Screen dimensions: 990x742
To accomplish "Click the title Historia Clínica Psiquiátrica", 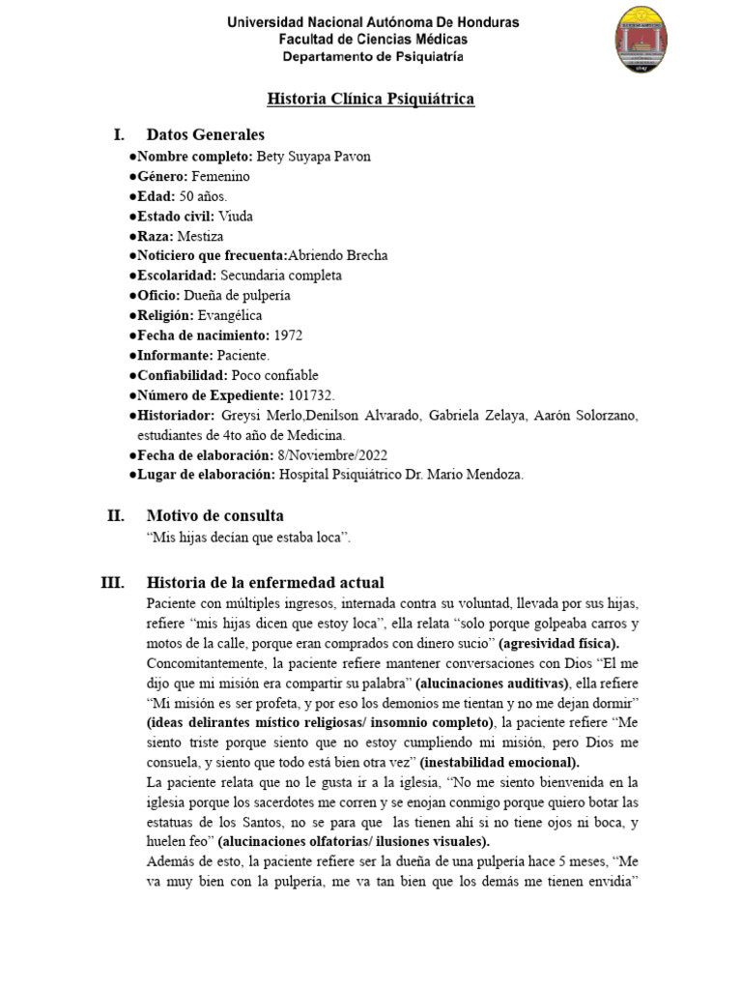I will pos(371,100).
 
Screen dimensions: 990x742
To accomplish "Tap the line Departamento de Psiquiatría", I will pos(372,57).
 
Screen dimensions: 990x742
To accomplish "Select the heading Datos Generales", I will pos(205,134).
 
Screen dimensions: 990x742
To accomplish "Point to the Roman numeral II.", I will pos(116,515).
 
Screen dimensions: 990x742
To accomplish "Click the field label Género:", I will pos(162,176).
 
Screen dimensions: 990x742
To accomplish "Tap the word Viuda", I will pos(236,216).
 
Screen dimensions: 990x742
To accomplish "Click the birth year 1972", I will pos(290,335).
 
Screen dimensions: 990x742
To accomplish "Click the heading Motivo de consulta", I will pos(214,515).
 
